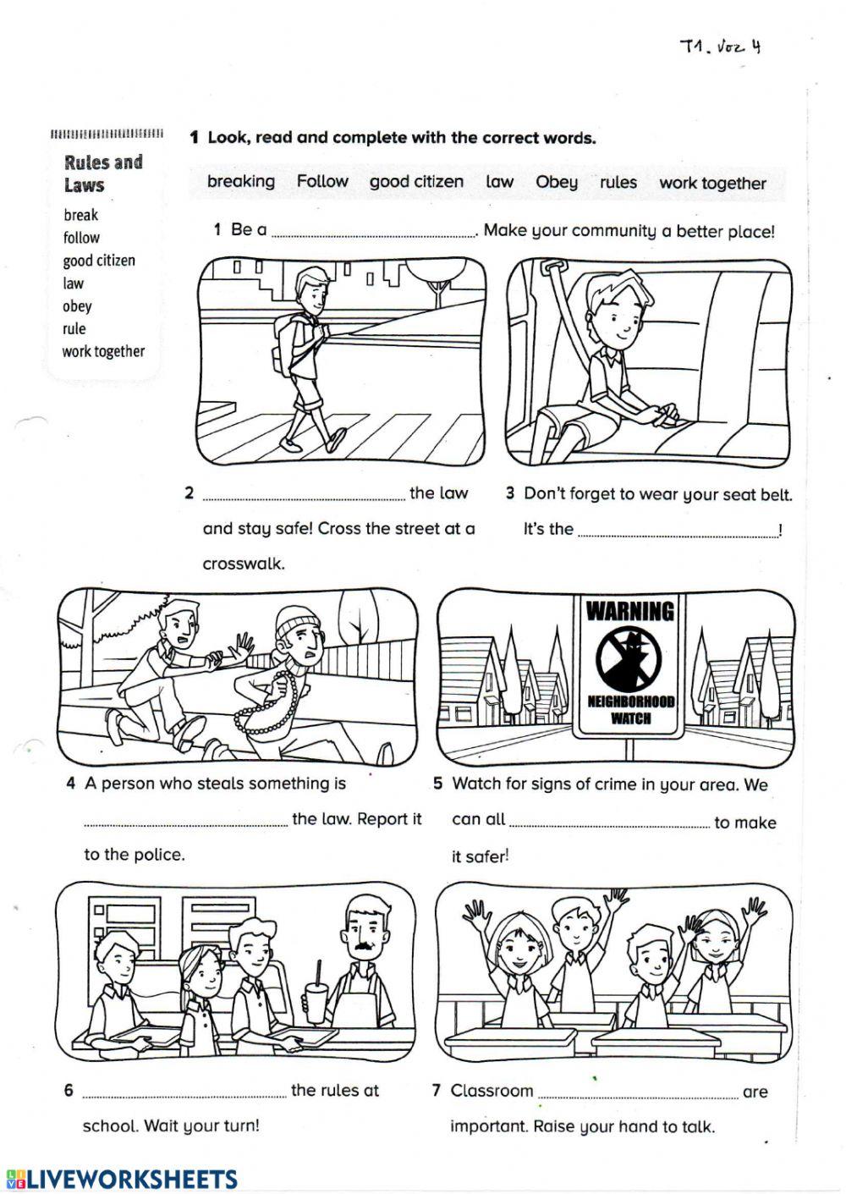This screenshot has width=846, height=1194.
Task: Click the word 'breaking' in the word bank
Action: (x=241, y=182)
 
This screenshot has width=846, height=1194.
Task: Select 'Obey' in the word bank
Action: (x=557, y=182)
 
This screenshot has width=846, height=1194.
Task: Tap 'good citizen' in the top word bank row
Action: (x=416, y=182)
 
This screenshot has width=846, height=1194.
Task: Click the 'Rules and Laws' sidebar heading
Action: (x=103, y=173)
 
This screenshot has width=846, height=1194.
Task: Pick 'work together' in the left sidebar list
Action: (x=103, y=351)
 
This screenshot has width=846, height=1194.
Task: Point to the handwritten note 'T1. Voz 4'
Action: (x=720, y=47)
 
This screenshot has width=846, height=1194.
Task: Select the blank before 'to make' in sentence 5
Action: (x=609, y=823)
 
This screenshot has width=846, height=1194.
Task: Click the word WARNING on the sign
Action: (x=630, y=610)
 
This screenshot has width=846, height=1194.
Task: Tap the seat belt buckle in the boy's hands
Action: (x=668, y=415)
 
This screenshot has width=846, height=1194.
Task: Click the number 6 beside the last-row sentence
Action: (x=69, y=1091)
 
